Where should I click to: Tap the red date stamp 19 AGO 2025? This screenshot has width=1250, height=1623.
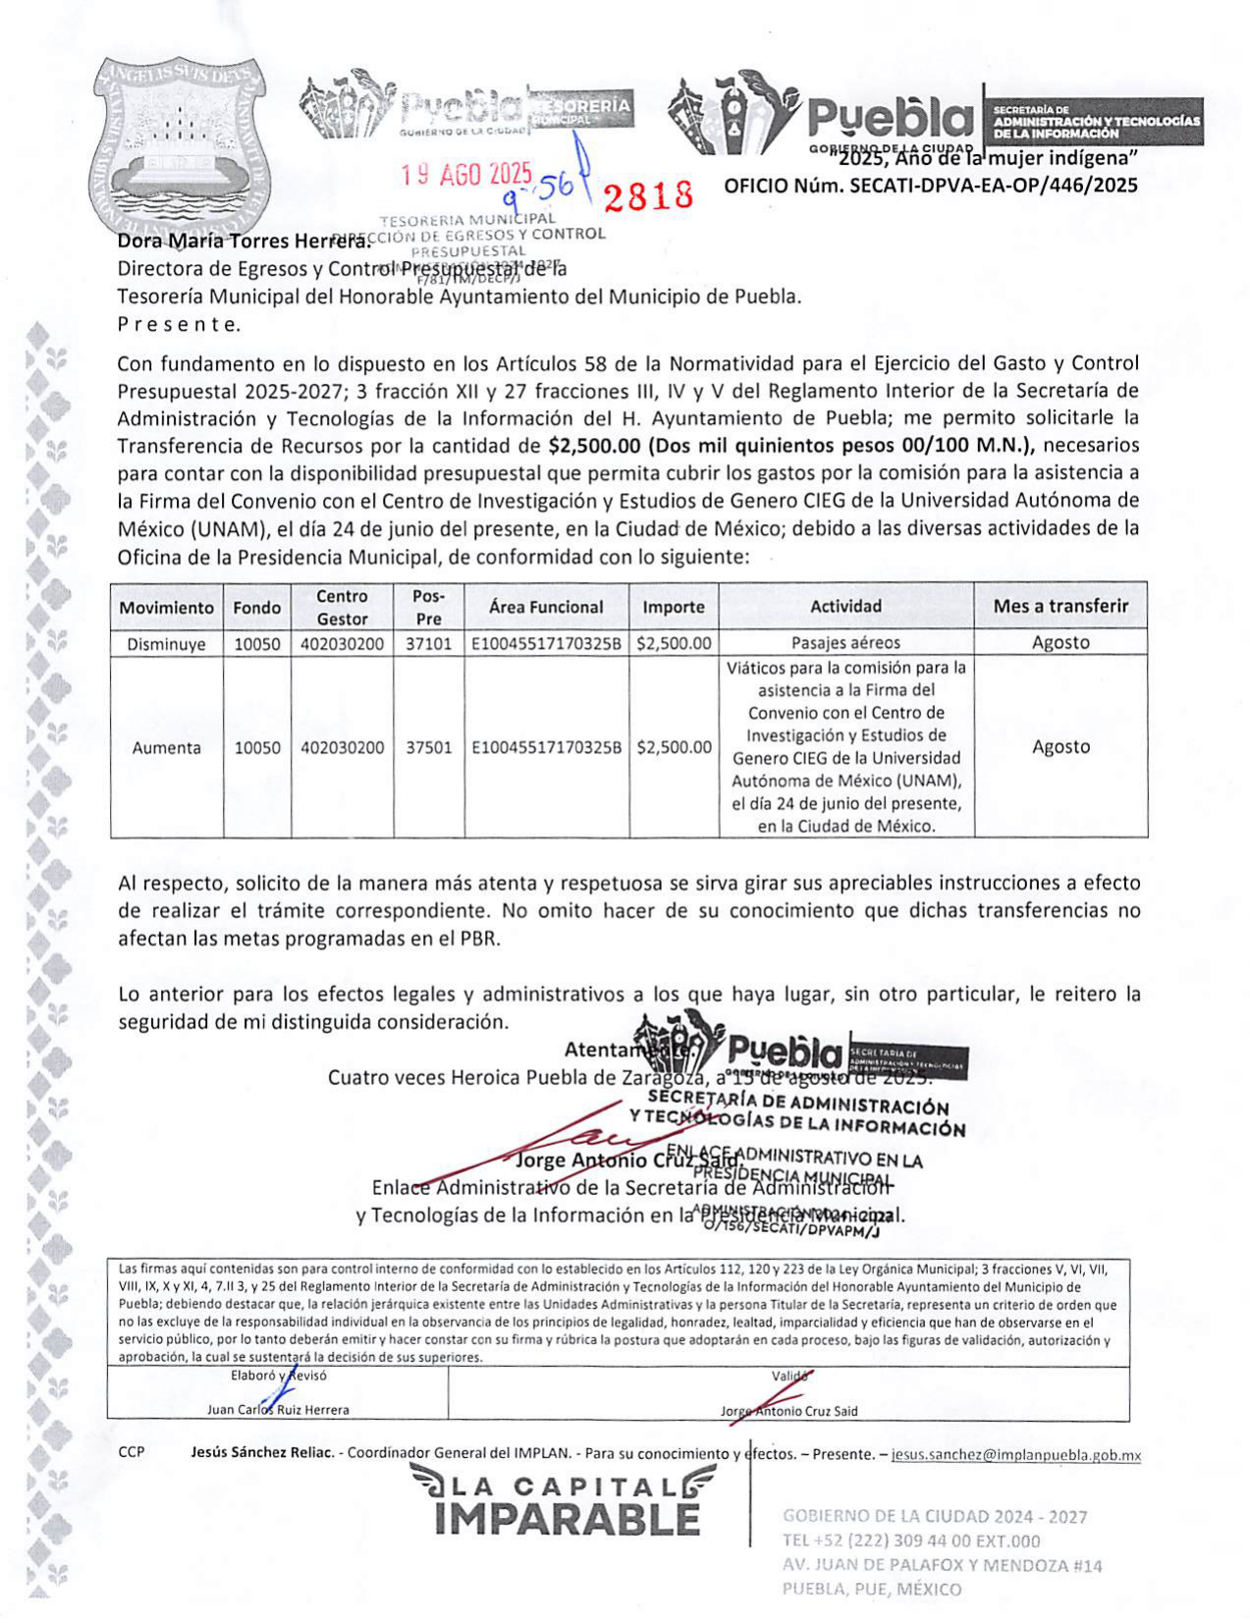(466, 175)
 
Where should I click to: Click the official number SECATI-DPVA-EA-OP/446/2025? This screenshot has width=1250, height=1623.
(931, 185)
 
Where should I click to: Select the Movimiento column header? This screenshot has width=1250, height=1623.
(166, 607)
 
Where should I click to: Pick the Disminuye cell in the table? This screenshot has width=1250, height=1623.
(166, 643)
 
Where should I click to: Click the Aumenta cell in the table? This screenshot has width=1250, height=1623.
(166, 747)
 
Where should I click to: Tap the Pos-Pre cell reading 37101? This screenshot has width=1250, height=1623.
(428, 643)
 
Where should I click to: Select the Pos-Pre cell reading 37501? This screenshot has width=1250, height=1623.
(428, 747)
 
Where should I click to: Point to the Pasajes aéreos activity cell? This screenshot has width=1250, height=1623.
(845, 643)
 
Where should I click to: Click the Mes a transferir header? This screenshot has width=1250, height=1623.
(1060, 606)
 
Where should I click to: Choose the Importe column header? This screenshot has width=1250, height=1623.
(673, 607)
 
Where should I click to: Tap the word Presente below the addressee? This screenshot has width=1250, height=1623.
(178, 324)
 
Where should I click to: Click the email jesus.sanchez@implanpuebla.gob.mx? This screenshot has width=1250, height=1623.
(1015, 1455)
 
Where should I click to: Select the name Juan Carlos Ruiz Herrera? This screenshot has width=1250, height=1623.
(278, 1410)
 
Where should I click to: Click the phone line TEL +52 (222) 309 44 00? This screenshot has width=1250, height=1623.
(910, 1541)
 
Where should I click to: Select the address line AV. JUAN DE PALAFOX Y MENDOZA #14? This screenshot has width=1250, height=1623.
(942, 1565)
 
